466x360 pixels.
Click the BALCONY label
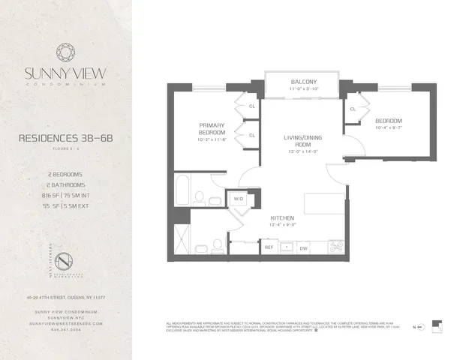point(303,82)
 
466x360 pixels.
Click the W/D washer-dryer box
point(239,199)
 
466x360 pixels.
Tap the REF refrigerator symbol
point(269,247)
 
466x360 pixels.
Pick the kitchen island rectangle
point(323,203)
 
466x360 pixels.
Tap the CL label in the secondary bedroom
point(352,109)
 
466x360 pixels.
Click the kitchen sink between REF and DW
point(287,247)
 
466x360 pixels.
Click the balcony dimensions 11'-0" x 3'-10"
point(303,89)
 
